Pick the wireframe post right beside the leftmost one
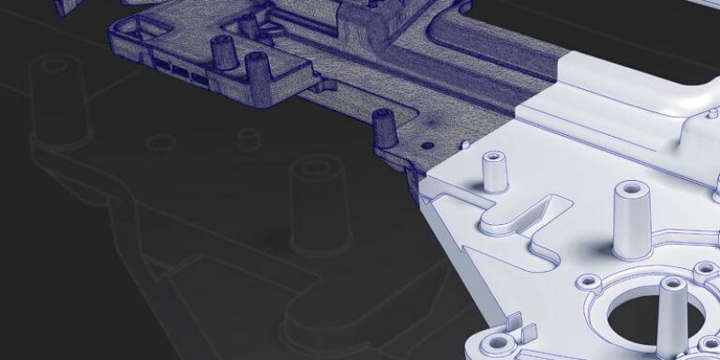258,67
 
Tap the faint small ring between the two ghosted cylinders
160,142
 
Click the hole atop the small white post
493,157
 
